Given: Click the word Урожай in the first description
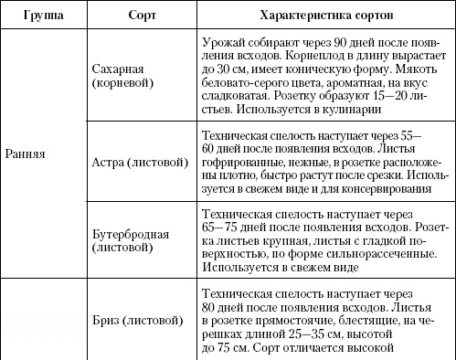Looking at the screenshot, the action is coord(220,43).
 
